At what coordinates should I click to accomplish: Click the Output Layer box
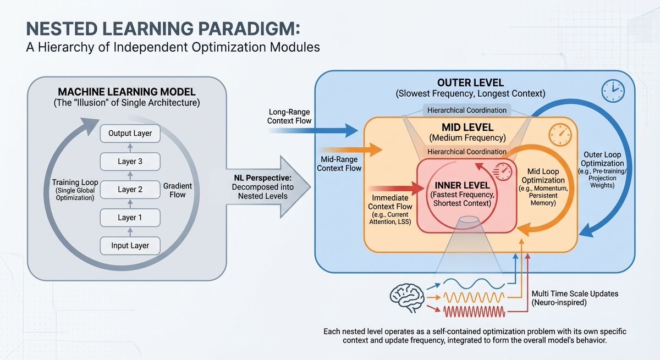pos(130,133)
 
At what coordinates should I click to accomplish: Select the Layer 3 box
pos(130,161)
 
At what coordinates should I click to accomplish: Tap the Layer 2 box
pos(130,190)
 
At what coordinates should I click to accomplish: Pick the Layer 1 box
pos(130,218)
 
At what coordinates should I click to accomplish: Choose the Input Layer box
pos(130,246)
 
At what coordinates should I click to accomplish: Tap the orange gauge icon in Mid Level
pos(560,134)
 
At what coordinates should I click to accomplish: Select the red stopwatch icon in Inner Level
pos(503,170)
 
